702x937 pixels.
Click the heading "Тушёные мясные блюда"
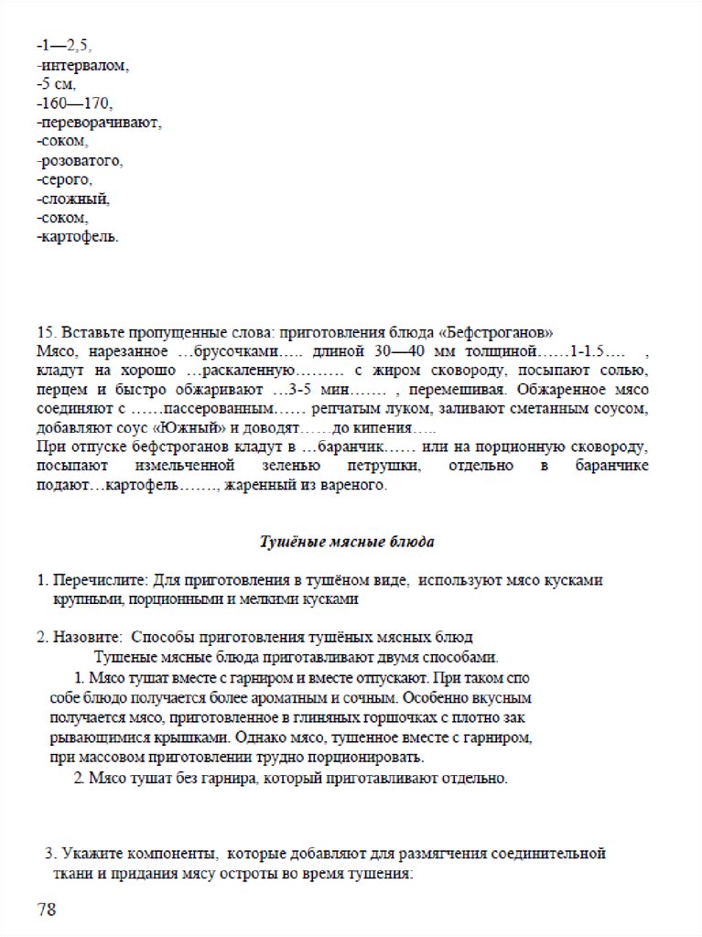[x=349, y=542]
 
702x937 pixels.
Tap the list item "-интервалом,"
[x=83, y=65]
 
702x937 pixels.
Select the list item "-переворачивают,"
[x=100, y=123]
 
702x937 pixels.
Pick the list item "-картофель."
[x=78, y=237]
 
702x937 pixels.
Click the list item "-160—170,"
[x=75, y=103]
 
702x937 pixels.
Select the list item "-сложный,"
[x=74, y=199]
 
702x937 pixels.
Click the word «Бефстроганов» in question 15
[x=507, y=331]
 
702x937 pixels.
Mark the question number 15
[x=46, y=331]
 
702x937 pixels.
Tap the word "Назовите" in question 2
[x=87, y=637]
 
